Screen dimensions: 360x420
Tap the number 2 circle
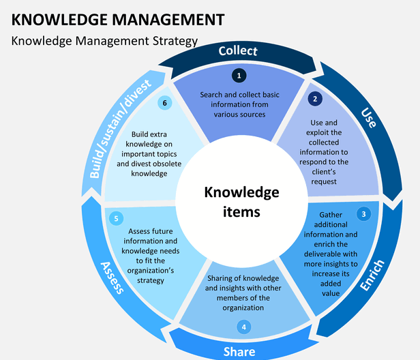[314, 99]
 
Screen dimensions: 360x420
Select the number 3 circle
[364, 213]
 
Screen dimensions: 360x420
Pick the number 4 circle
[243, 327]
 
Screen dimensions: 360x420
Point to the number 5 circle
[117, 218]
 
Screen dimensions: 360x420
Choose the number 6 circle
[163, 103]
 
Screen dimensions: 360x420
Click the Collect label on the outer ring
[238, 51]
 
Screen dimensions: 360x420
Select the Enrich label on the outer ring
[372, 275]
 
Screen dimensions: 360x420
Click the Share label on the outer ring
[239, 351]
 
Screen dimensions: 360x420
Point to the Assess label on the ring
[112, 277]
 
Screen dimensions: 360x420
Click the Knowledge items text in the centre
[242, 202]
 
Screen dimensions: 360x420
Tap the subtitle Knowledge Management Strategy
[105, 41]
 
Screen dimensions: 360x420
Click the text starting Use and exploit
[325, 148]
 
